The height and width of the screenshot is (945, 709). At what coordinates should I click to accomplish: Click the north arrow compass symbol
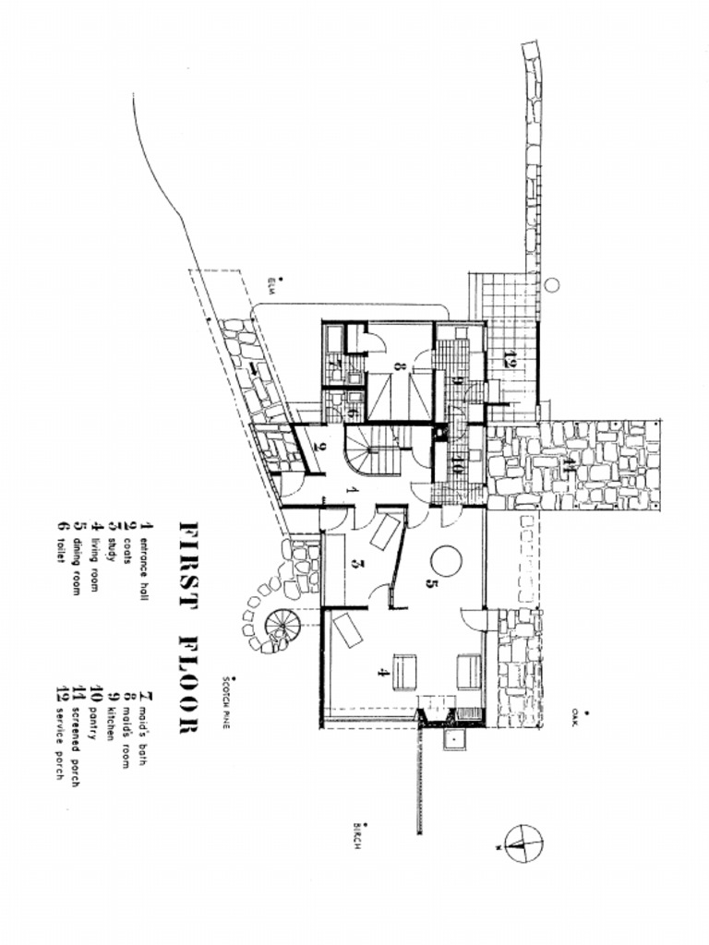(523, 842)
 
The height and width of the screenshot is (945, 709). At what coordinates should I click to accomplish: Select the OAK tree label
(575, 717)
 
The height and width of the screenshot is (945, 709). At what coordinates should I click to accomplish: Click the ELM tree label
(273, 281)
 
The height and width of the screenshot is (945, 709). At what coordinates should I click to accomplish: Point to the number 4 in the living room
(382, 672)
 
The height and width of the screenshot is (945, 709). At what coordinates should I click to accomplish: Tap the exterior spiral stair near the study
(282, 628)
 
